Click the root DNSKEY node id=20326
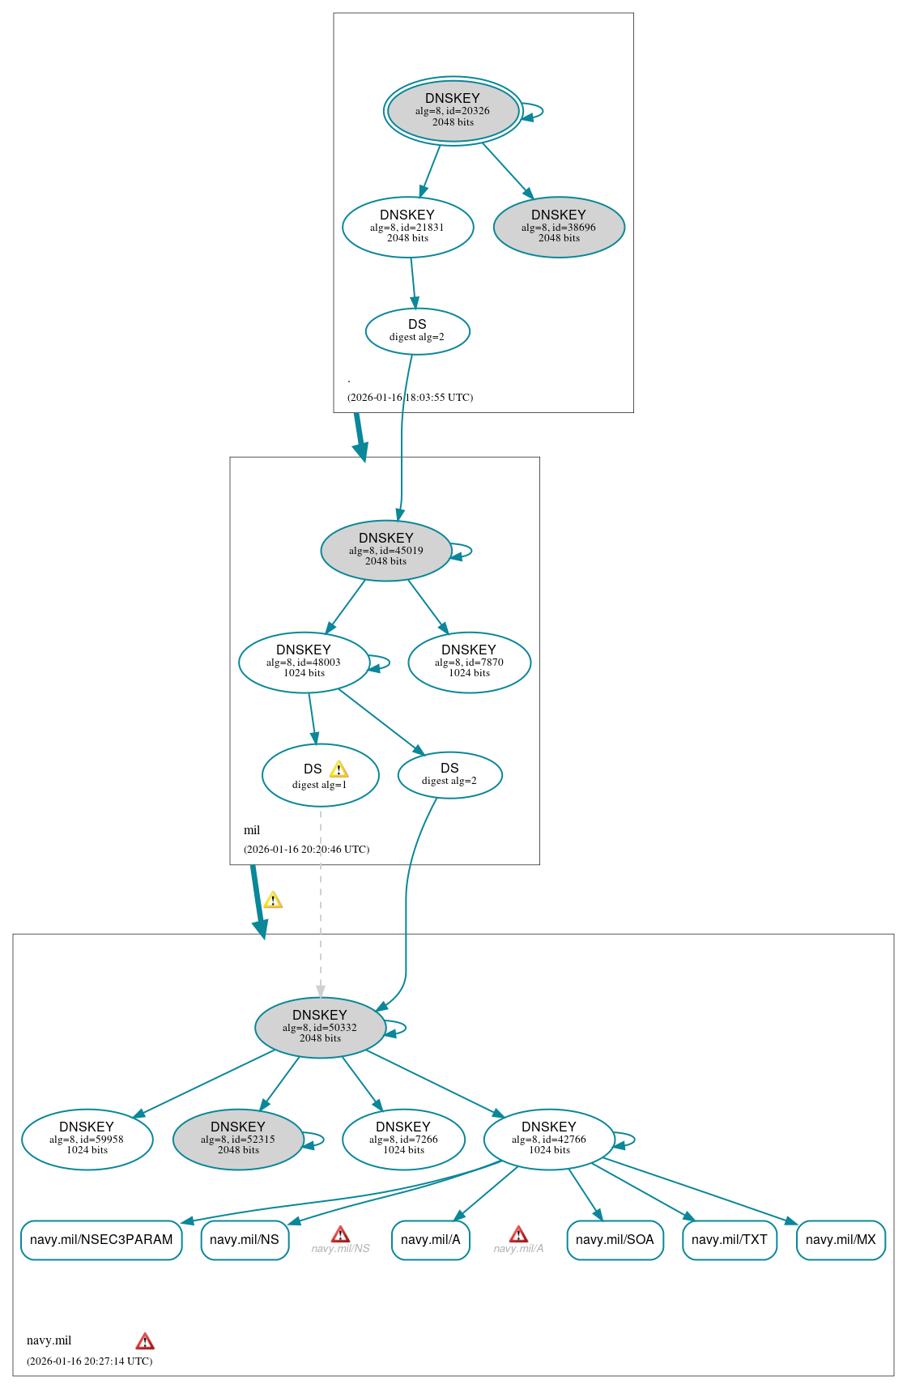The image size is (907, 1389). click(x=453, y=111)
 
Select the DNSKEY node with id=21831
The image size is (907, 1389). click(x=407, y=227)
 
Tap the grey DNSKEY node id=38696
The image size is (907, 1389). click(x=559, y=227)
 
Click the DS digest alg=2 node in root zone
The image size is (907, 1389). click(x=417, y=330)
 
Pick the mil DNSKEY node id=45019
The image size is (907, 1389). click(x=386, y=550)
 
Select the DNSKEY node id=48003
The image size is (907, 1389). click(x=304, y=662)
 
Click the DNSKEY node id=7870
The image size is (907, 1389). click(x=469, y=662)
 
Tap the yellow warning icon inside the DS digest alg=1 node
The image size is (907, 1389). click(x=339, y=769)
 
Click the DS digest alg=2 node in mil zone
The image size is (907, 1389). click(x=449, y=774)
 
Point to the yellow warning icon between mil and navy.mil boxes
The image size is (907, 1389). click(x=273, y=900)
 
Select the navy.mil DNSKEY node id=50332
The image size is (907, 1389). click(x=320, y=1027)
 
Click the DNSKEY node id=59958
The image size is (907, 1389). click(x=87, y=1139)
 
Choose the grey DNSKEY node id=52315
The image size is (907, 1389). click(x=238, y=1139)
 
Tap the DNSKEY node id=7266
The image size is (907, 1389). click(x=403, y=1139)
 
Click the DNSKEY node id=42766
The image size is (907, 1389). click(x=549, y=1139)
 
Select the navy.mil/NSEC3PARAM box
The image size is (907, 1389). click(x=101, y=1240)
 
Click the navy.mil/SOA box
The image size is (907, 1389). click(x=615, y=1240)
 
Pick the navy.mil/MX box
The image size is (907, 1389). click(x=841, y=1240)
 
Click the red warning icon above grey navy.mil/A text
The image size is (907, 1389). click(x=518, y=1234)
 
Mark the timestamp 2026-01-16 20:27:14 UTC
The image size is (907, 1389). click(x=89, y=1361)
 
